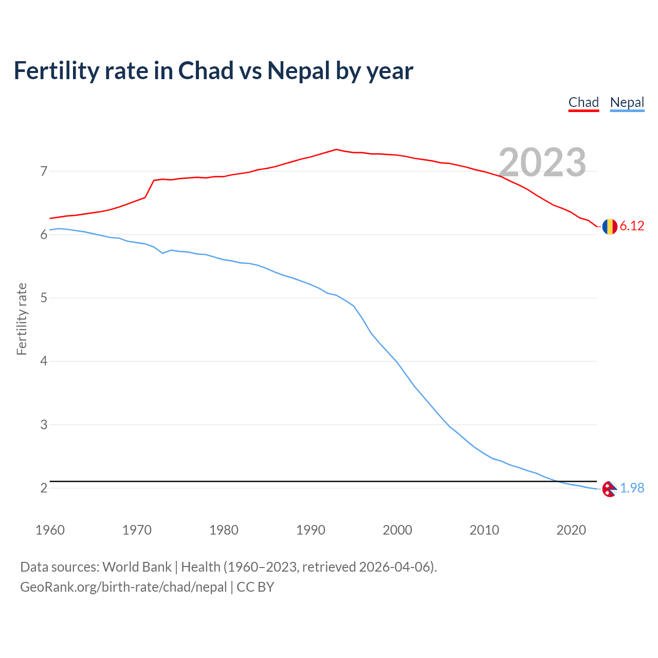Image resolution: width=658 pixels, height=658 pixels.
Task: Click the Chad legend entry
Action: (583, 102)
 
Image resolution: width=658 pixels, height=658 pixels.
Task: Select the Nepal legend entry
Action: (627, 102)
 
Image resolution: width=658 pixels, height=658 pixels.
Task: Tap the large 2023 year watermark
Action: (542, 162)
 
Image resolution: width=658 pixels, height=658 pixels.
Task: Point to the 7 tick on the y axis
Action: (44, 171)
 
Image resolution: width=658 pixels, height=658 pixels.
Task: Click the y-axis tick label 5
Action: (44, 298)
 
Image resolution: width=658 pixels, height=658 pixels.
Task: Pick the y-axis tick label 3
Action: (44, 425)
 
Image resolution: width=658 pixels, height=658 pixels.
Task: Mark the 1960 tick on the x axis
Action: (50, 530)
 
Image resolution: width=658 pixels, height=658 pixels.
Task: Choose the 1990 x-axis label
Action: (310, 530)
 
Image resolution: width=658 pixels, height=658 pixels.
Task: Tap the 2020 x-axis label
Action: (571, 530)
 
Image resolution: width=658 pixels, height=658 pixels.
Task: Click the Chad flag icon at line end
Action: (610, 226)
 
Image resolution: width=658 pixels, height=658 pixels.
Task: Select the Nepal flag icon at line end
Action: (609, 489)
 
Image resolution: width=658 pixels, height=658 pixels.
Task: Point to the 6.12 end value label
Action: (632, 226)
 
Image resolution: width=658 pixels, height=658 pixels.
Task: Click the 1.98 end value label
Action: (632, 488)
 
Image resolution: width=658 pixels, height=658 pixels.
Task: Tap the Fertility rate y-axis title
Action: (22, 319)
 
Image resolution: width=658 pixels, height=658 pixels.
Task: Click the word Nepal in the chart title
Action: (298, 71)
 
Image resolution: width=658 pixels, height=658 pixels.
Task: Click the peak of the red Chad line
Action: (336, 149)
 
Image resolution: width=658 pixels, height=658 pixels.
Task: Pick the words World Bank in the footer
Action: (137, 567)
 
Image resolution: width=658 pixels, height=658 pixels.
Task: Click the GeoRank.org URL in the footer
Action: (123, 587)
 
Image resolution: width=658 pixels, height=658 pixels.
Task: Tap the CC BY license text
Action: (255, 587)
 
